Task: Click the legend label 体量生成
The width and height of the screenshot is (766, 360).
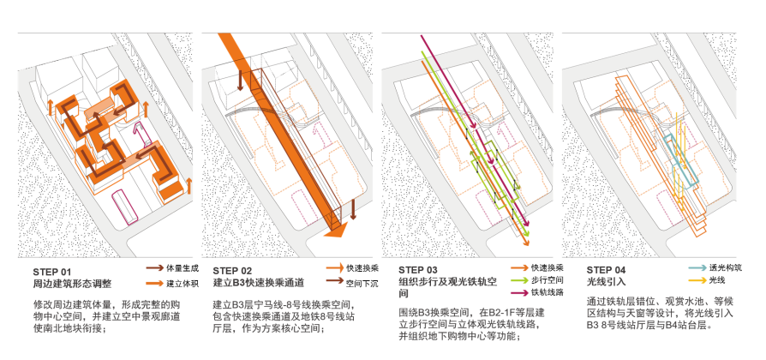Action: [x=183, y=268]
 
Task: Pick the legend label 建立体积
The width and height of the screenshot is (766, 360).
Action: [x=183, y=282]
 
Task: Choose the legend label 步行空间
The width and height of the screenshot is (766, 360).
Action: [x=548, y=280]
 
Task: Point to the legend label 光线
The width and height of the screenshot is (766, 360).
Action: [x=717, y=281]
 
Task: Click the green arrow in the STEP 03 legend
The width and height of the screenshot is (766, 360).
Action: [x=518, y=280]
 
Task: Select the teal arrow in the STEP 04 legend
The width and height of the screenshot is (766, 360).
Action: [x=696, y=268]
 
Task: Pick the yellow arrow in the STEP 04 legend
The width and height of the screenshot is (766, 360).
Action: [x=696, y=281]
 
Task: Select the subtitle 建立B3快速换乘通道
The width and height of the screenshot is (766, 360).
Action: [x=258, y=282]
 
